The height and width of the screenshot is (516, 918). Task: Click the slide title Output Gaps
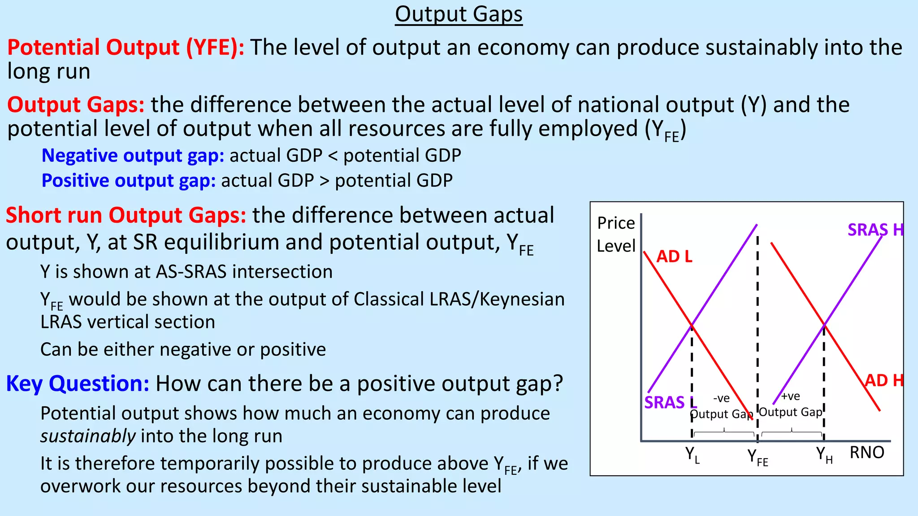459,14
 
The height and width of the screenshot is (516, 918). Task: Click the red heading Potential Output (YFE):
126,47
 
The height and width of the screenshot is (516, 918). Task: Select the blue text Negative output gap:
133,155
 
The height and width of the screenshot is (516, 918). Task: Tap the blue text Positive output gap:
129,181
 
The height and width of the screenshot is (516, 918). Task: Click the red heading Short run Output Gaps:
126,215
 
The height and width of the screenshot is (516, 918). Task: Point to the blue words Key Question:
77,383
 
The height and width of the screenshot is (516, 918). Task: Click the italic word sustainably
88,436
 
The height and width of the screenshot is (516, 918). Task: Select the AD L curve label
674,257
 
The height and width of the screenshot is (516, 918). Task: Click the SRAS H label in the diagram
875,230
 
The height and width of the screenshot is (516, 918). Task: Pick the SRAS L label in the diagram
670,402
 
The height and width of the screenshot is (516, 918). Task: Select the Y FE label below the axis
757,457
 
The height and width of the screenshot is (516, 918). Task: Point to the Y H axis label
824,455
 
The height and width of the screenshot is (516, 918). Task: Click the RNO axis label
866,452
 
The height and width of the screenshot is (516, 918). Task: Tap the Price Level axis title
616,234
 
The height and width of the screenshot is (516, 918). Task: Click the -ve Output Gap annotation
721,406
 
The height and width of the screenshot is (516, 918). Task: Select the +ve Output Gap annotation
791,404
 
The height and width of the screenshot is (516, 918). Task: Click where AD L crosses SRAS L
692,324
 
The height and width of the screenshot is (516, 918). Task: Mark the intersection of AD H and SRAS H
824,324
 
